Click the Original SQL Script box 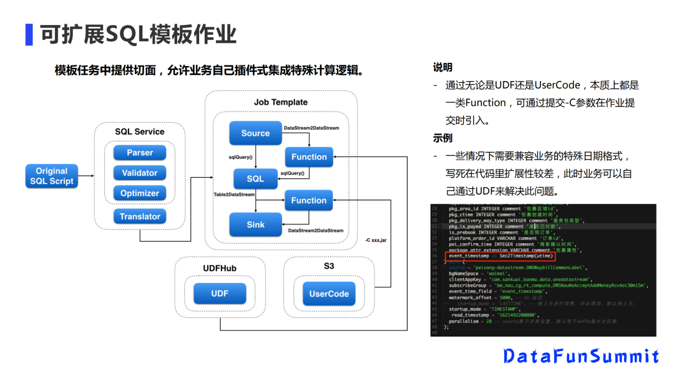tap(51, 176)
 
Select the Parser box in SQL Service tap(139, 153)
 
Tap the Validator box tap(139, 173)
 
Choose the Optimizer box tap(139, 193)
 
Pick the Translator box tap(139, 216)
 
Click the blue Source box tap(255, 133)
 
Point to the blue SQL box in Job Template tap(255, 178)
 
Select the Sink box tap(255, 224)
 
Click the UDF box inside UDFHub tap(220, 294)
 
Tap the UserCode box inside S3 tap(329, 294)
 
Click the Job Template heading tap(281, 102)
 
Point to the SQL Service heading tap(140, 132)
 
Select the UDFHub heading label tap(220, 268)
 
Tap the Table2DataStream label tap(235, 195)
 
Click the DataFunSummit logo tap(581, 356)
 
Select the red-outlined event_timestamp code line tap(499, 256)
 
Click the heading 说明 tap(442, 67)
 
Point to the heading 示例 tap(442, 138)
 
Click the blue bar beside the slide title tap(29, 34)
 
